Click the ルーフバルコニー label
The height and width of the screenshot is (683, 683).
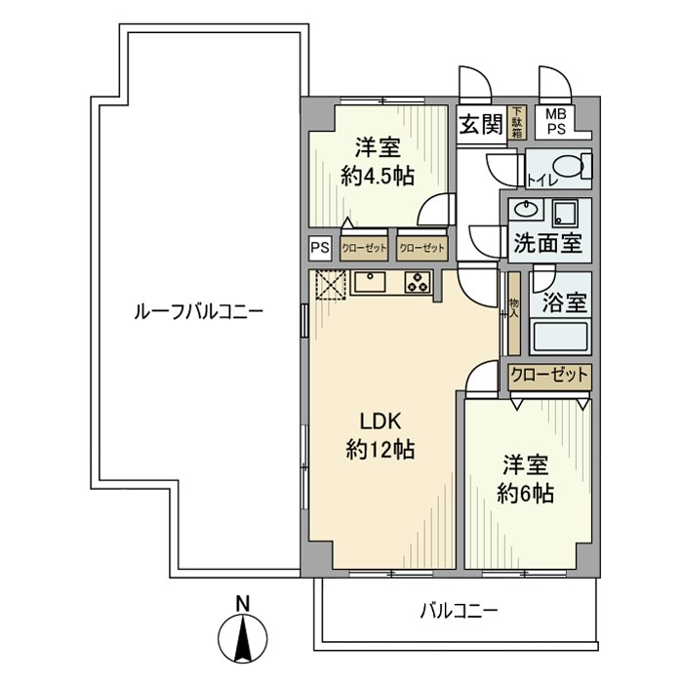199,312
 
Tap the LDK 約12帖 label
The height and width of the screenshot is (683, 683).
380,435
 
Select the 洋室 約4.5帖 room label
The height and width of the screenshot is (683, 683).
378,162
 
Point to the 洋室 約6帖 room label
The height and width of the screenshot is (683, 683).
525,479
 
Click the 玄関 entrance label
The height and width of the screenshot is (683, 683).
481,124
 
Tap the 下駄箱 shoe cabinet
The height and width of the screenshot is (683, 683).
516,122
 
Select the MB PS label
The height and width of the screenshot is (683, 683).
556,122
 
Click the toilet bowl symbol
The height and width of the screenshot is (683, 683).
571,167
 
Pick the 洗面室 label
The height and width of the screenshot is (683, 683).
548,244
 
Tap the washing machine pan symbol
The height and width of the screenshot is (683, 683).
564,213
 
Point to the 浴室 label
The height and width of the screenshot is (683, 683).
565,302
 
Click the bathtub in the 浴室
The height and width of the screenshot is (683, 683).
560,337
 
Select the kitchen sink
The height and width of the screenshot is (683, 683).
370,282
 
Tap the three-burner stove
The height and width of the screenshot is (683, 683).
418,282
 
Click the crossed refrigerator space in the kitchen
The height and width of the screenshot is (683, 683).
331,285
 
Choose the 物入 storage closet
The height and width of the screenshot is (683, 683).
514,313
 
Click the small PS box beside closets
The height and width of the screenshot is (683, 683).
320,248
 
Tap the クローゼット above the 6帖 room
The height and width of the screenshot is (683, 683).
549,376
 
